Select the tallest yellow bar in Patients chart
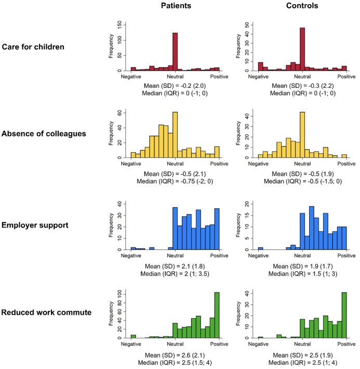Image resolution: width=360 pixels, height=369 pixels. pyautogui.click(x=175, y=135)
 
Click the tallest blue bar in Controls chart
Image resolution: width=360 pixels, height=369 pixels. pyautogui.click(x=312, y=228)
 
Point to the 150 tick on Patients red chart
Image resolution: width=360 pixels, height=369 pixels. pyautogui.click(x=120, y=24)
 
